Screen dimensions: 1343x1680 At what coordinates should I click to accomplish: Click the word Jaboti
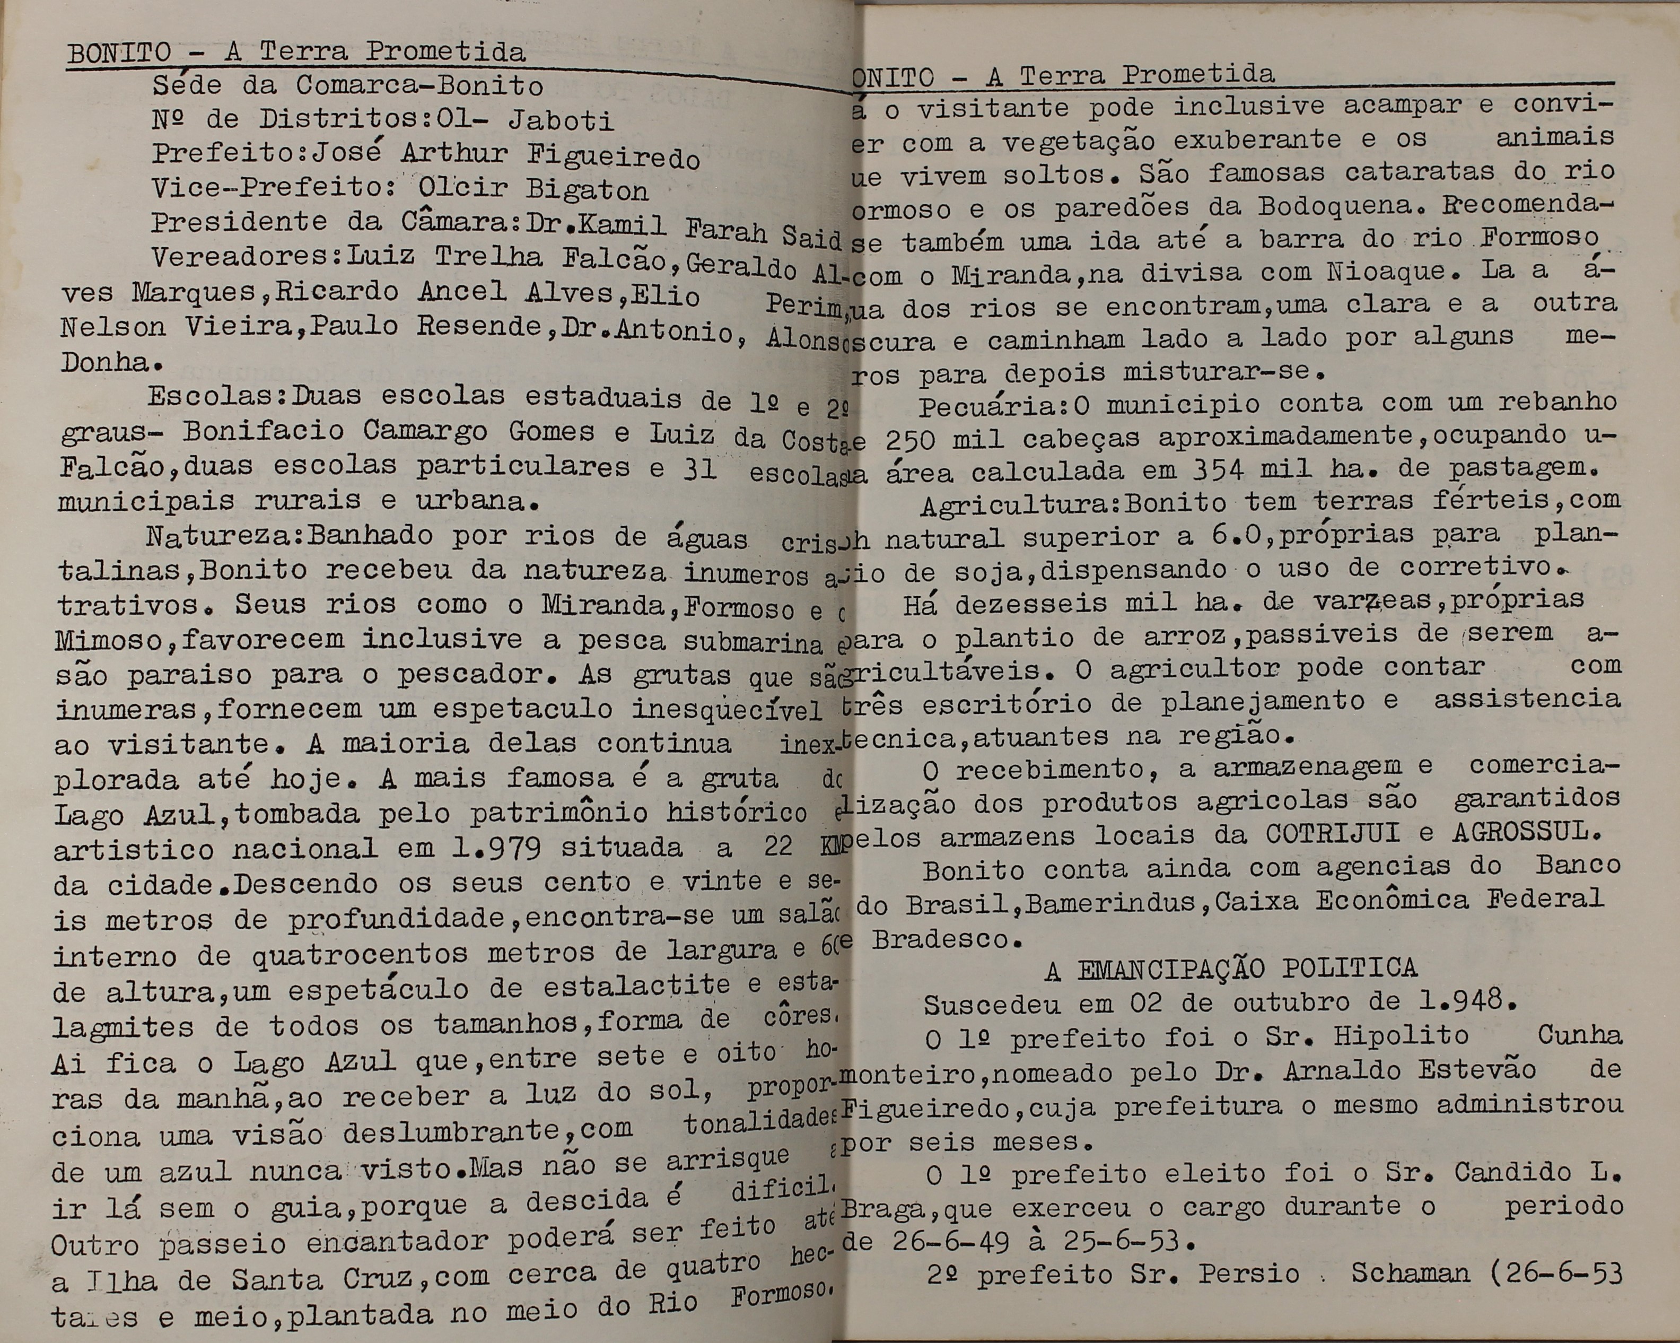[x=561, y=120]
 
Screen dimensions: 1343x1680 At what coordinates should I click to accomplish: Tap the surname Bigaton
[x=587, y=189]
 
